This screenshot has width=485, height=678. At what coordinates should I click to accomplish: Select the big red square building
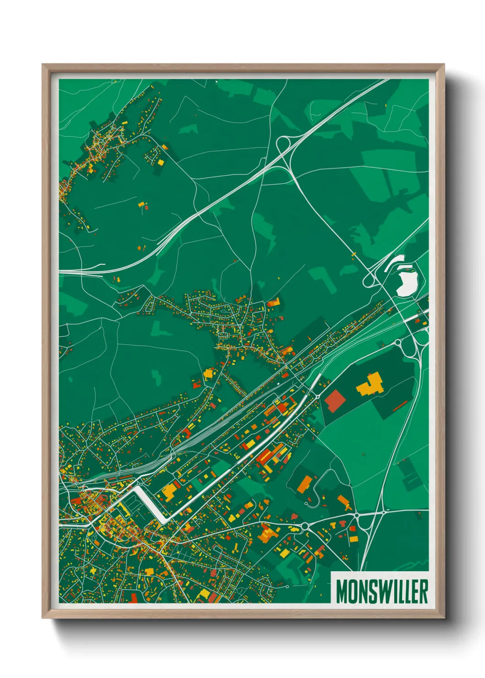click(335, 399)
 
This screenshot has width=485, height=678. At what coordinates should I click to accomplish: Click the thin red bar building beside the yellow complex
click(400, 405)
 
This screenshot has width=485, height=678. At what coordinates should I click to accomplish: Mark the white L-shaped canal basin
click(151, 504)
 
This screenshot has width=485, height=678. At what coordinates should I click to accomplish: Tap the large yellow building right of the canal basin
click(170, 491)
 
